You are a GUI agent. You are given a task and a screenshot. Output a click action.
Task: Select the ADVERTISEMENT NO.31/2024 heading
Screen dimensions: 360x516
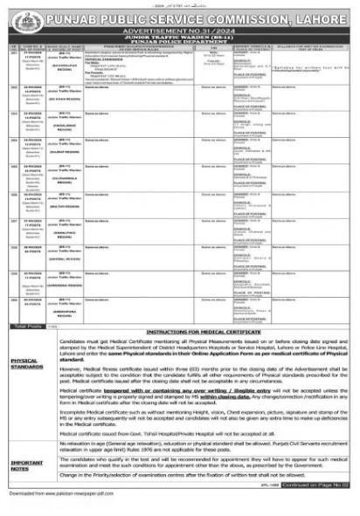coord(180,26)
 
